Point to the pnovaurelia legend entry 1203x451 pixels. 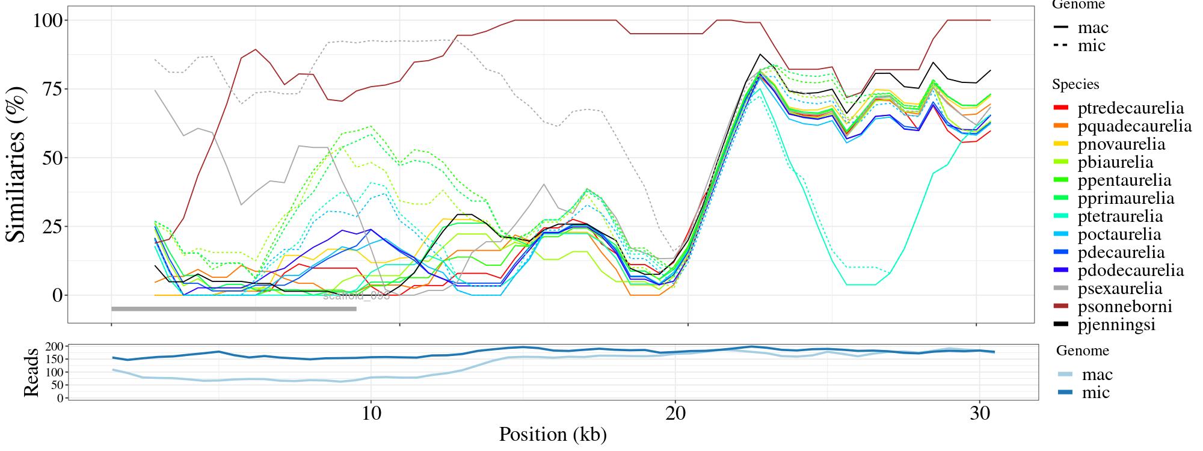pos(1121,144)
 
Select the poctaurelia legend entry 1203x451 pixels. pos(1119,235)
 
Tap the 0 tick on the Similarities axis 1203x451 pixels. pos(57,295)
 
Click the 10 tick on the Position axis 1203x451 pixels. pos(372,414)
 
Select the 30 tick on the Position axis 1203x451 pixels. pos(980,414)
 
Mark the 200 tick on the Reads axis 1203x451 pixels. pos(54,346)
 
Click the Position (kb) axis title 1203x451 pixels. pos(552,435)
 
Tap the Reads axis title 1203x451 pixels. pos(31,372)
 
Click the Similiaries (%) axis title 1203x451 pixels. pos(17,164)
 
